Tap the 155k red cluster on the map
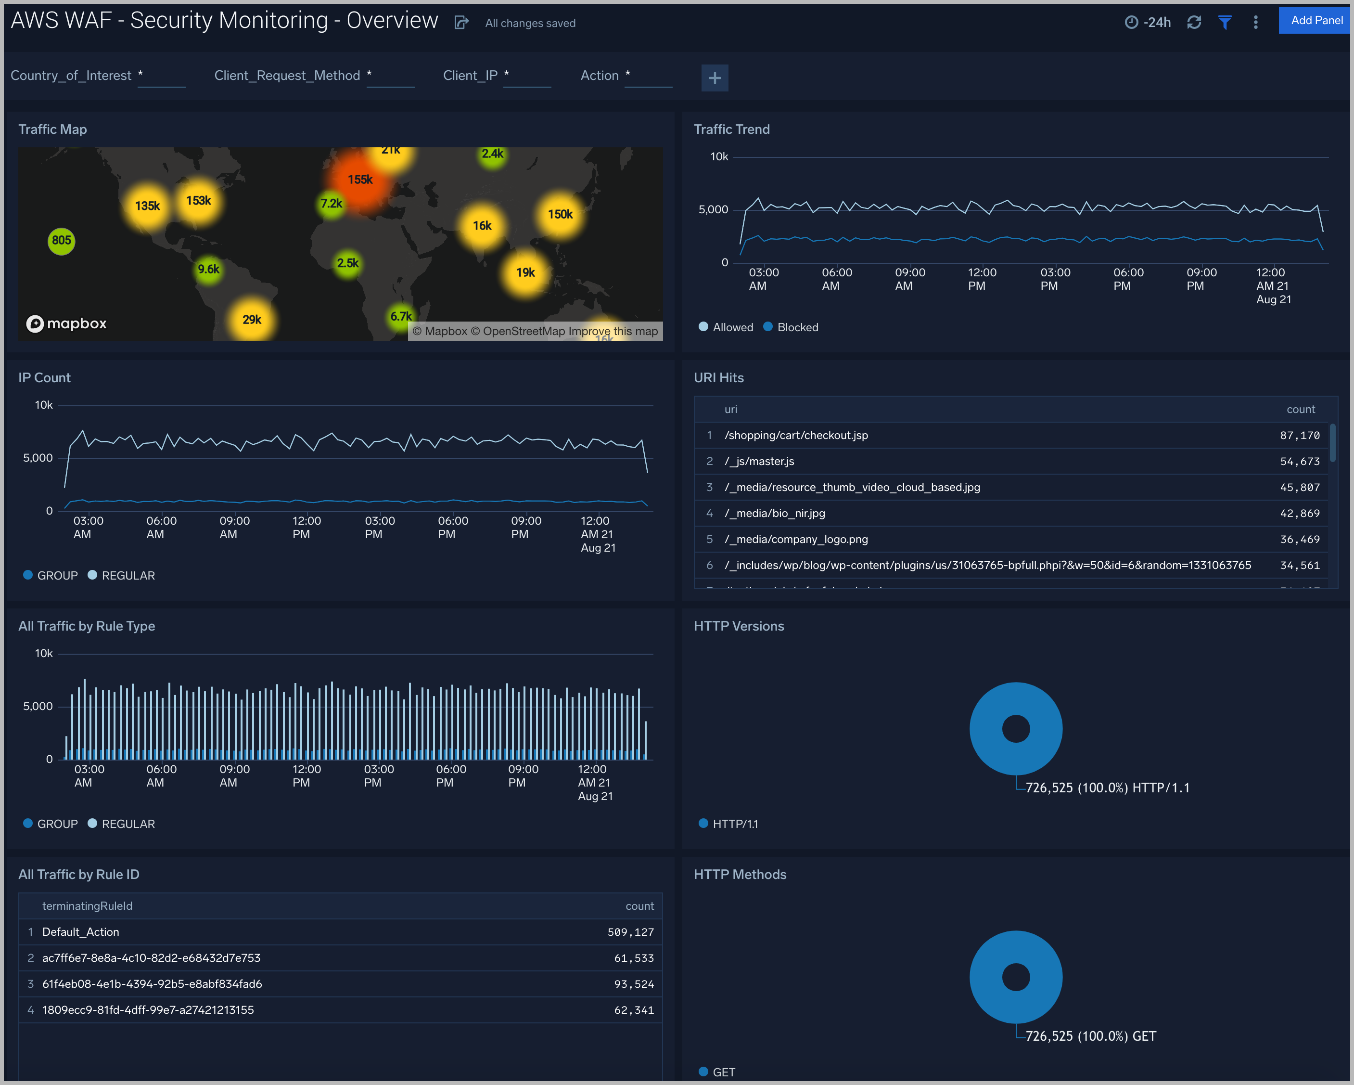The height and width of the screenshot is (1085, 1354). (360, 180)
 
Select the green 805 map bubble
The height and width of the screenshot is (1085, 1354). (61, 241)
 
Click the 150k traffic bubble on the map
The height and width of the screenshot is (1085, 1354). (560, 214)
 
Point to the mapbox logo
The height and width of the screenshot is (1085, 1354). (66, 323)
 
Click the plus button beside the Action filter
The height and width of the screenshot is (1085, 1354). (714, 78)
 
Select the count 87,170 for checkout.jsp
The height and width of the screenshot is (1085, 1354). (1299, 435)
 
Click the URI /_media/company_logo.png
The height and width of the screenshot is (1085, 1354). (796, 539)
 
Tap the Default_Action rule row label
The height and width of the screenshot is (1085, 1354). (80, 932)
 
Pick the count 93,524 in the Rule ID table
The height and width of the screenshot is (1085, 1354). (633, 984)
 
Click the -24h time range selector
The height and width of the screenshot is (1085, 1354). (1148, 23)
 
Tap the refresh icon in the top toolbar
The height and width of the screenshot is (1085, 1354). (1194, 23)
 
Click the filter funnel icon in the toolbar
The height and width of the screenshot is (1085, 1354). (1225, 23)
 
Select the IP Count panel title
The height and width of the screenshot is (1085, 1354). (45, 377)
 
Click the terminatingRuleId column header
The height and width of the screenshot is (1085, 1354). (87, 906)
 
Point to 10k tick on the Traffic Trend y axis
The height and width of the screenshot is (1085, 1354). (719, 156)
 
